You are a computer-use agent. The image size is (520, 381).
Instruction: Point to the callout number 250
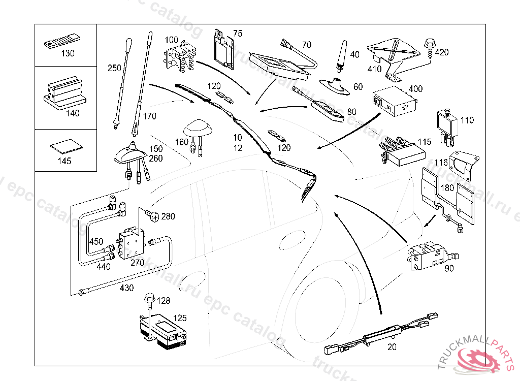click(115, 68)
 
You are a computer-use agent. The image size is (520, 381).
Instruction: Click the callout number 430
click(126, 288)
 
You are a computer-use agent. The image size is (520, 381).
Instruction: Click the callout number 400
click(415, 89)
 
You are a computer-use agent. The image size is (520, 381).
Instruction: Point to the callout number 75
click(238, 34)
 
